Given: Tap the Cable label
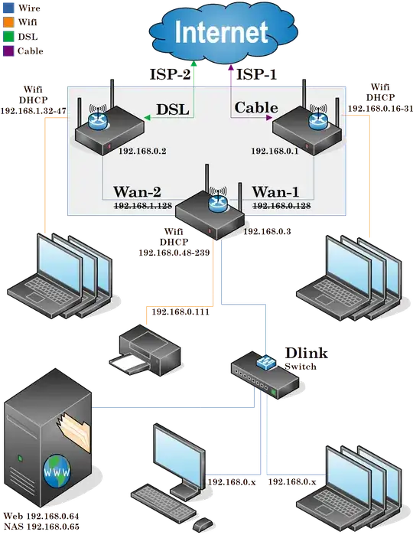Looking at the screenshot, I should [x=255, y=107].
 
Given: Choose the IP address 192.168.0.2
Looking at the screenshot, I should [x=143, y=152].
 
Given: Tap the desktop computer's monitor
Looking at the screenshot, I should [x=180, y=455].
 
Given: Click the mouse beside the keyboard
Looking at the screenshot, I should [x=202, y=524].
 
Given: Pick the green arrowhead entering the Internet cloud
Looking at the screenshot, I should [x=195, y=67].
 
